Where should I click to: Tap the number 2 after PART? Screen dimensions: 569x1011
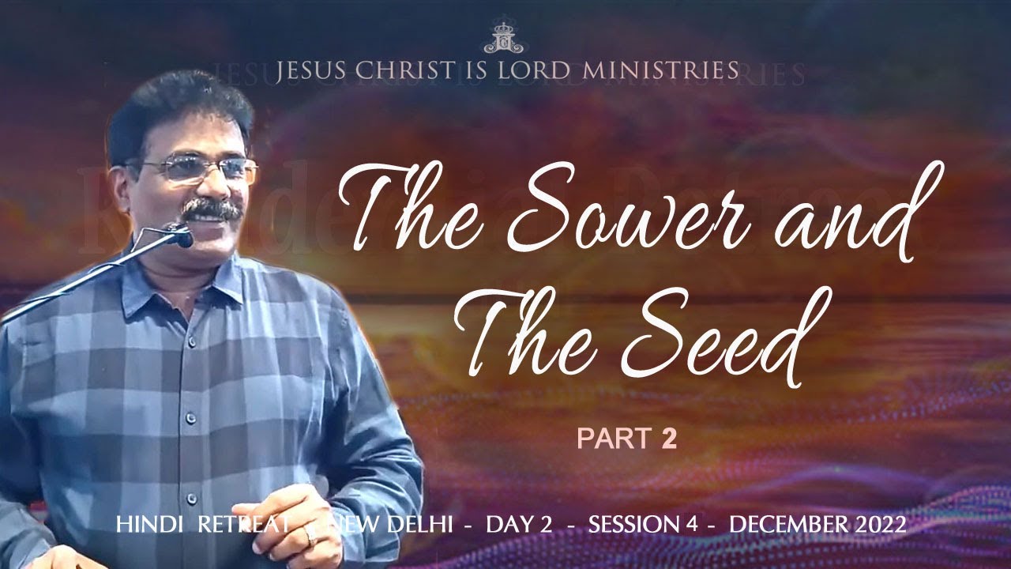[x=668, y=439]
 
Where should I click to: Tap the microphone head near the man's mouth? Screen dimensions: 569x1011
[x=181, y=235]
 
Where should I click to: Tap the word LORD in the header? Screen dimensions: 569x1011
[x=538, y=70]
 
